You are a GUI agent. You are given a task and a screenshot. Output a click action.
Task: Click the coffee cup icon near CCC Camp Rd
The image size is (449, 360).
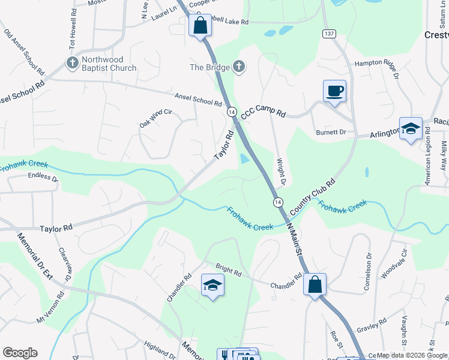334,91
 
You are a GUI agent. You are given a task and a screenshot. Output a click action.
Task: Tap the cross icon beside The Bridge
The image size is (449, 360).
239,67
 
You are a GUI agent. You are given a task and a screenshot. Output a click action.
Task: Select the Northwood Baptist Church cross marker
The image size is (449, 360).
71,63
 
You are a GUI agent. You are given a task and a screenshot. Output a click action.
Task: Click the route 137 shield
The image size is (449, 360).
328,34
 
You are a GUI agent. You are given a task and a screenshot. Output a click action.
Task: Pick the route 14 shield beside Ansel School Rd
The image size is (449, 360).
231,112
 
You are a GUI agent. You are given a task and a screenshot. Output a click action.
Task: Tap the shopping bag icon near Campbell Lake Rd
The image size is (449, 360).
200,26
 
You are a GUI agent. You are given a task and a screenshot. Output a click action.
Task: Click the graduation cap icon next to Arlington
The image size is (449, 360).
411,128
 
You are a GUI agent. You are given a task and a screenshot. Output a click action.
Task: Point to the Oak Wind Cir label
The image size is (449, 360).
155,117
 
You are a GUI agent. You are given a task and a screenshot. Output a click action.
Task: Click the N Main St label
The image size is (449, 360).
294,238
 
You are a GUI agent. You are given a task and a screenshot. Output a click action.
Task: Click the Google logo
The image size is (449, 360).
20,353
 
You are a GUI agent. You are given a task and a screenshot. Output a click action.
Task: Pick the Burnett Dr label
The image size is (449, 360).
331,132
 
